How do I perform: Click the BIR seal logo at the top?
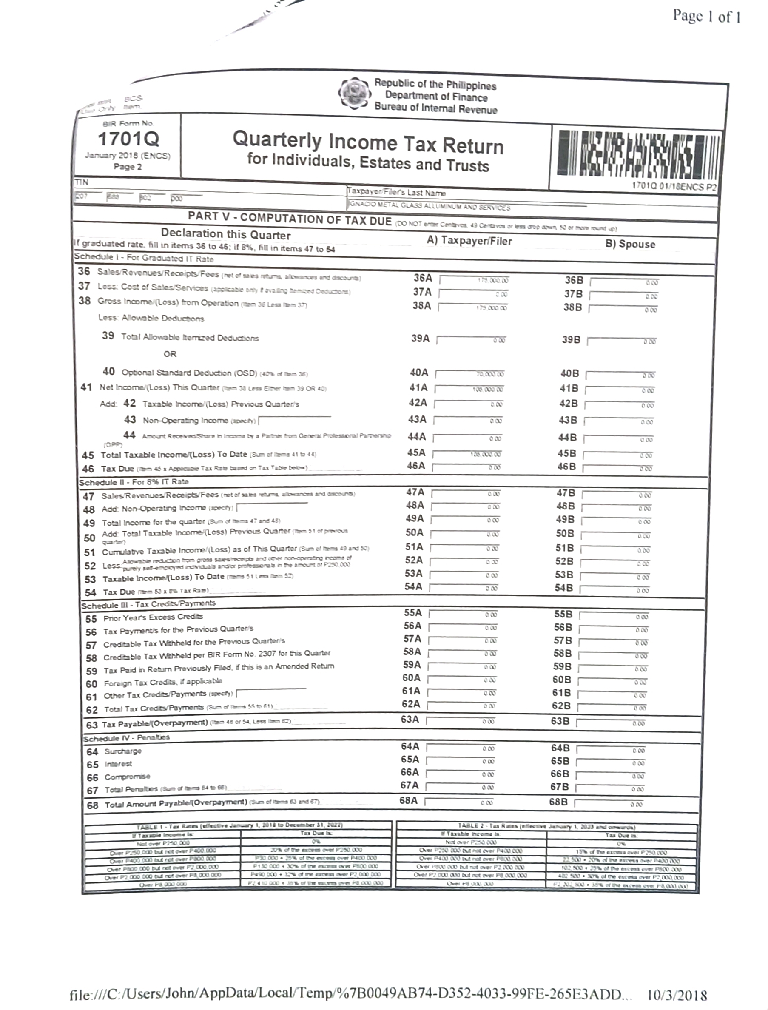pyautogui.click(x=354, y=93)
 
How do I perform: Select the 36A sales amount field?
pyautogui.click(x=474, y=280)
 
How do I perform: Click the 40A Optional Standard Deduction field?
pyautogui.click(x=470, y=374)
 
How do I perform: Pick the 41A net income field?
pyautogui.click(x=469, y=389)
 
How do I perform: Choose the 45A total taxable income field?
pyautogui.click(x=468, y=454)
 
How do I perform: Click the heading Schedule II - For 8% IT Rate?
pyautogui.click(x=134, y=482)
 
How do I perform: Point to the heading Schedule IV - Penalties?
pyautogui.click(x=126, y=737)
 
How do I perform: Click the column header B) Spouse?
pyautogui.click(x=630, y=244)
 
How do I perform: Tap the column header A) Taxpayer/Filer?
pyautogui.click(x=469, y=241)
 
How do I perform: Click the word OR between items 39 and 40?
pyautogui.click(x=170, y=354)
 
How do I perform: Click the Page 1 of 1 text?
pyautogui.click(x=706, y=17)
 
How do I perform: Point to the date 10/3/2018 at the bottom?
pyautogui.click(x=677, y=995)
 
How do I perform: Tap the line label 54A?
pyautogui.click(x=413, y=586)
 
